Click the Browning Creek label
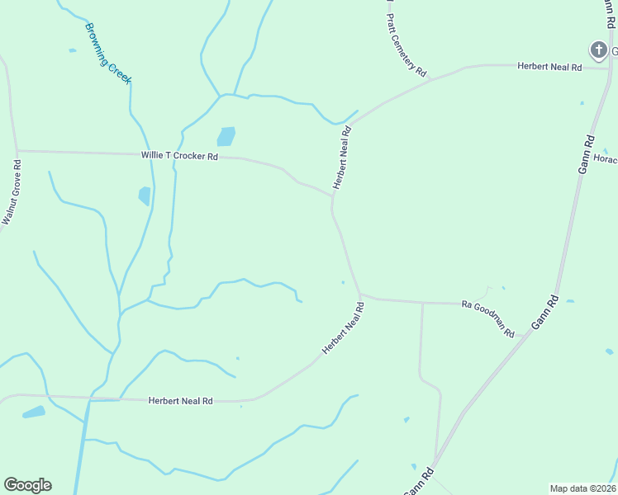click(108, 53)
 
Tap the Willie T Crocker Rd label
click(179, 155)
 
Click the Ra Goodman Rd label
click(488, 318)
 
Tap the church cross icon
click(598, 50)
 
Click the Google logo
click(27, 485)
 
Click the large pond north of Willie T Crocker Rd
click(226, 136)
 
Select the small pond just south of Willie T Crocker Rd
click(145, 196)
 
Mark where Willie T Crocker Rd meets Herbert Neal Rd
click(332, 196)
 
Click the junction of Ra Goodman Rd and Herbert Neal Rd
click(360, 295)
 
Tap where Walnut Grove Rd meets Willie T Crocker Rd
click(16, 151)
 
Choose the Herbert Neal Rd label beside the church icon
click(549, 66)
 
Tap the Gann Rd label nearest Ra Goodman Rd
click(546, 313)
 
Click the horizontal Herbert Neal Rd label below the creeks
click(180, 401)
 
